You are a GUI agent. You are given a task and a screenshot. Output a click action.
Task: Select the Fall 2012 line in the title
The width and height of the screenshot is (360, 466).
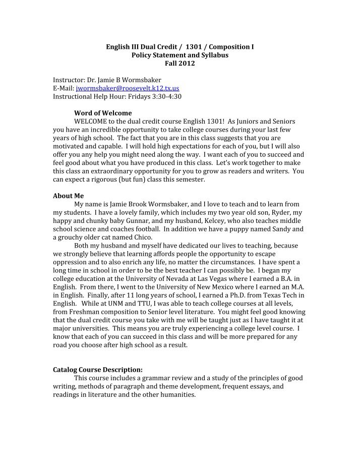pos(179,64)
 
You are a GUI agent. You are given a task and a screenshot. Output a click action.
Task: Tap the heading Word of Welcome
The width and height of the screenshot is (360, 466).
pos(103,112)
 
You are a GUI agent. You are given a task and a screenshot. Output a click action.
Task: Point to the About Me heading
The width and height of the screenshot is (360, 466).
pos(69,196)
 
